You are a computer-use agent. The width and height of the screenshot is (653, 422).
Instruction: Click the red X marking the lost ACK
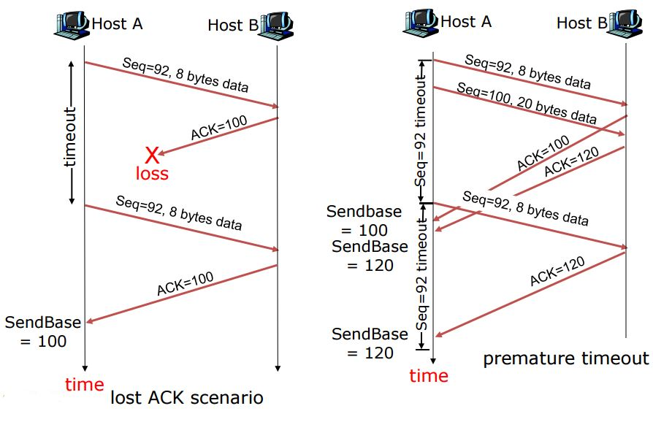coord(151,154)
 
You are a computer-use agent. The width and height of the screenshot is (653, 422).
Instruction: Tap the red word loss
coord(151,174)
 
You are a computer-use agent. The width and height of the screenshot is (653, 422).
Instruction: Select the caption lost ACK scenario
coord(186,398)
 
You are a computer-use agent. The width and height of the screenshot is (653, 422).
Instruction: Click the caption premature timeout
coord(565,358)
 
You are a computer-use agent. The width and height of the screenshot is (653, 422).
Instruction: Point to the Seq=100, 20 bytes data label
coord(527,104)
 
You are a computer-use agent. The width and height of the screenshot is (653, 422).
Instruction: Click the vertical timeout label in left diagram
coord(70,137)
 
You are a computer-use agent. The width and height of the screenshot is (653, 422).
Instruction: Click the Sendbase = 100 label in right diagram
coord(364,220)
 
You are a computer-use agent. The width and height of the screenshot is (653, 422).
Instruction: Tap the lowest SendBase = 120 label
coord(370,343)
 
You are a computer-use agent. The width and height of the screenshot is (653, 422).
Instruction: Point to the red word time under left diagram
coord(85,385)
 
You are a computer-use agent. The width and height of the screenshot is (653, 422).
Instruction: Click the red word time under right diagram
coord(429,376)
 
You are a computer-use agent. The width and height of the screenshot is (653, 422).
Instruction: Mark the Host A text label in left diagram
coord(117,23)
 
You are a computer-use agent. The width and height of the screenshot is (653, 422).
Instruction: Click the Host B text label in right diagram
coord(581,23)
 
